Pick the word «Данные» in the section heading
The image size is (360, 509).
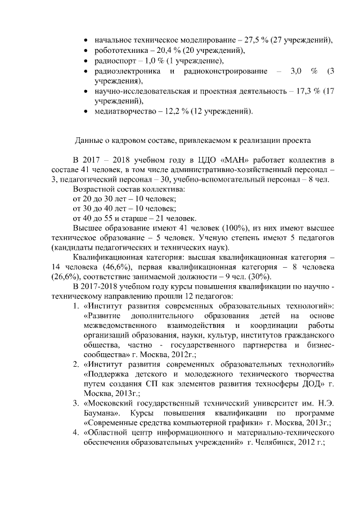click(x=89, y=140)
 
